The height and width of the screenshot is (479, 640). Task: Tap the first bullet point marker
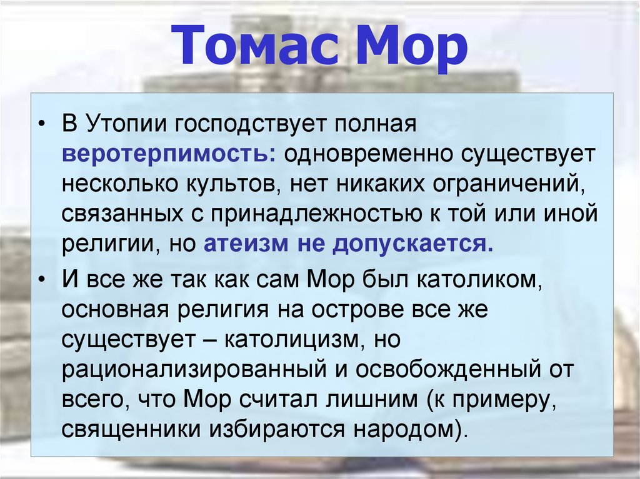point(42,124)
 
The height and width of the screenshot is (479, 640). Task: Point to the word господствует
point(251,124)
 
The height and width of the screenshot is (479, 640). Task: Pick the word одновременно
point(368,154)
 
